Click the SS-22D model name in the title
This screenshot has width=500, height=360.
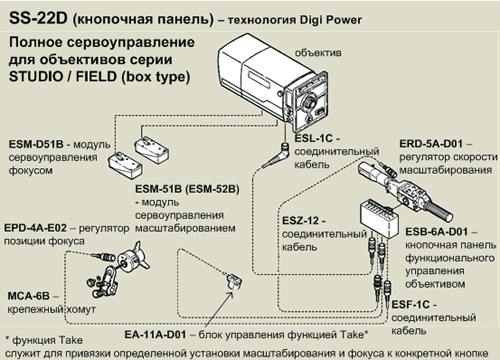click(x=38, y=18)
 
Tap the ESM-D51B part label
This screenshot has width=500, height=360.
click(x=36, y=144)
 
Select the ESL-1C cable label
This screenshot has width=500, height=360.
click(x=314, y=138)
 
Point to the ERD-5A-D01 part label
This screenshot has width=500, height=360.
click(x=431, y=144)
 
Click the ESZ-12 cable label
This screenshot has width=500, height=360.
click(x=300, y=221)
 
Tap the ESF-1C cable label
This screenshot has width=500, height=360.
click(x=411, y=305)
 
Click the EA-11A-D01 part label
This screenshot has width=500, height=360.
click(x=155, y=334)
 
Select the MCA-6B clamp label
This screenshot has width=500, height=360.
click(x=29, y=296)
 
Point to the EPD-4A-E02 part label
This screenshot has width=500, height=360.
click(x=35, y=228)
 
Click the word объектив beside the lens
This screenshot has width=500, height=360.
click(x=318, y=53)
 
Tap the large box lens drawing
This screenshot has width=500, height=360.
click(x=273, y=82)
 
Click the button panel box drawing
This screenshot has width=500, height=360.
click(x=379, y=218)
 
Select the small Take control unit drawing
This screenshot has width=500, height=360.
click(x=234, y=282)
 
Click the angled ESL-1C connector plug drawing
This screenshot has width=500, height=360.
click(x=276, y=155)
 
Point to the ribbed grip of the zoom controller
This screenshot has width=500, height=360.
click(x=440, y=211)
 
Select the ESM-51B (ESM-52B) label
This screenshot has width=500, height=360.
click(x=187, y=189)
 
